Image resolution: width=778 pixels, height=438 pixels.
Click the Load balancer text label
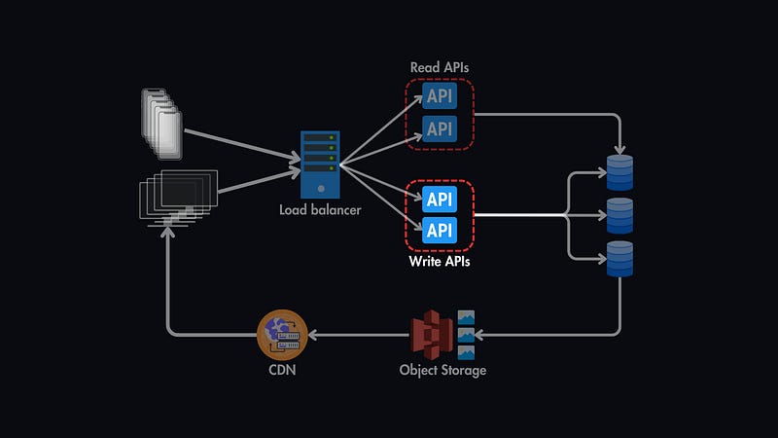click(x=320, y=210)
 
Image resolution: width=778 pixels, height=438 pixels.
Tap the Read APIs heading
click(x=440, y=66)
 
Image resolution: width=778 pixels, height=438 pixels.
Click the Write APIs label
click(x=440, y=262)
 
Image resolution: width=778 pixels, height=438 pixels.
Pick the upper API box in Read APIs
click(x=440, y=97)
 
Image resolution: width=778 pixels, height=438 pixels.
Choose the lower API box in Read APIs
click(x=440, y=128)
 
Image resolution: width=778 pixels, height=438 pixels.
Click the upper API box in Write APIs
click(x=440, y=200)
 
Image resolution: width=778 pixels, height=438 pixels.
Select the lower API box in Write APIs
click(x=440, y=231)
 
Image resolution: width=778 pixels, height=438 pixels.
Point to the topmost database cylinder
click(x=619, y=171)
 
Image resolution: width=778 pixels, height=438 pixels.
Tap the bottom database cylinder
click(x=619, y=258)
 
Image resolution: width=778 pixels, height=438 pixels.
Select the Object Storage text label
click(x=442, y=371)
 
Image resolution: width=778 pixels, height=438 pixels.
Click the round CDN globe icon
click(x=282, y=334)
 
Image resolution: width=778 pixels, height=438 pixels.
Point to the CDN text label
click(x=282, y=371)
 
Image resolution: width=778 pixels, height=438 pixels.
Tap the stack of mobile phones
click(x=161, y=122)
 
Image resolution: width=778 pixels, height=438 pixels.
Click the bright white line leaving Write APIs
click(x=520, y=215)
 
